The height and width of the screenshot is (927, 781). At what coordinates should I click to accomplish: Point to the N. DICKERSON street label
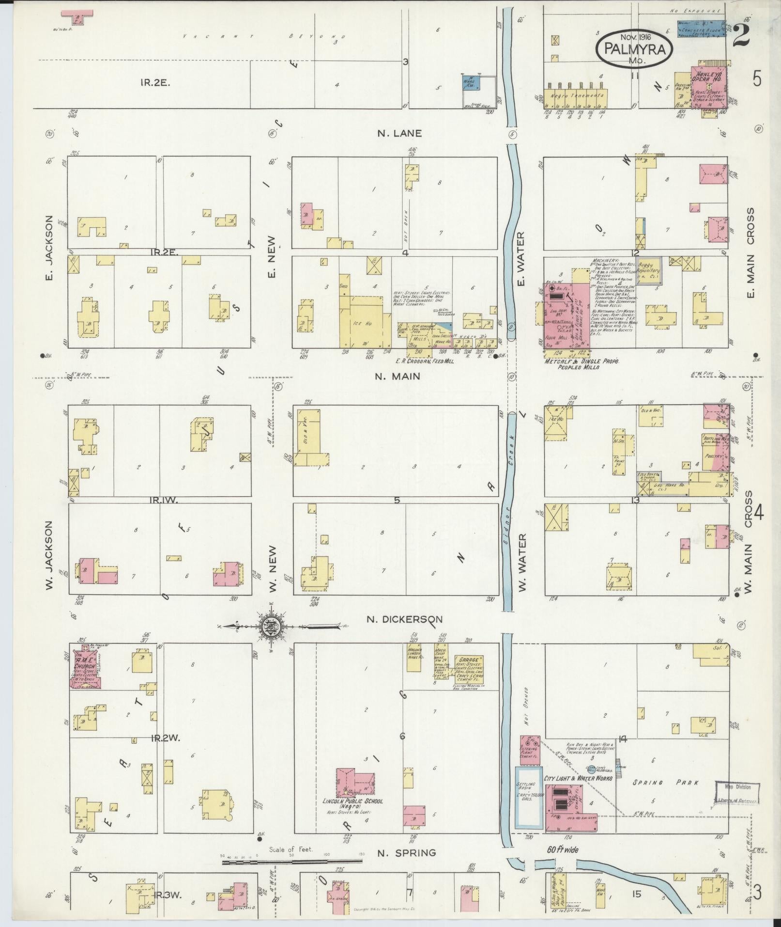404,619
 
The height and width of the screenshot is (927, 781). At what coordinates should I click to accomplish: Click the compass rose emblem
268,628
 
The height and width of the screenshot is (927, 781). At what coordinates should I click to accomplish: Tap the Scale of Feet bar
291,862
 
